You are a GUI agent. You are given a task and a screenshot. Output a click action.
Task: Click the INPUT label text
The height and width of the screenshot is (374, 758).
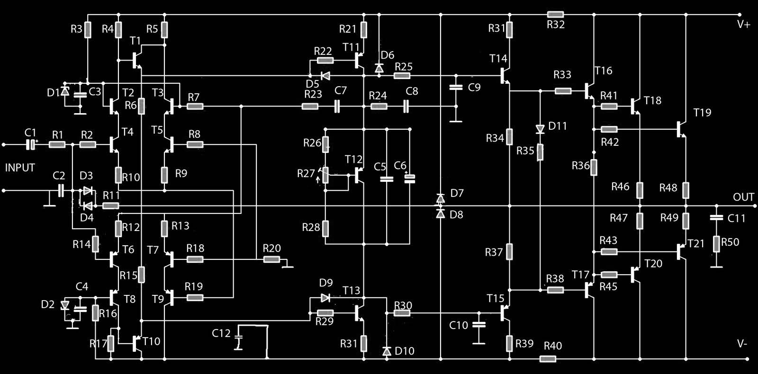20,168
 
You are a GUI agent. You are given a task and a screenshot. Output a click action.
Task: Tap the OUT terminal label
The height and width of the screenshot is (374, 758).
743,197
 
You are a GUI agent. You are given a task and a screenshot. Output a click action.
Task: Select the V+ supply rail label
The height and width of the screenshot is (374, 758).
743,24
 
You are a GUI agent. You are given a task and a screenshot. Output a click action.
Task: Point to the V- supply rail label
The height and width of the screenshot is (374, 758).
742,344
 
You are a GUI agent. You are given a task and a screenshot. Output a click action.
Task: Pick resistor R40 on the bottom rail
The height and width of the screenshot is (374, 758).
548,359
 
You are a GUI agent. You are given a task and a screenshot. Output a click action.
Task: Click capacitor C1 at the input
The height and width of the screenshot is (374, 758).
31,144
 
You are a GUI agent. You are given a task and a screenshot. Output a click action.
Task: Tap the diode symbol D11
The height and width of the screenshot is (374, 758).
540,129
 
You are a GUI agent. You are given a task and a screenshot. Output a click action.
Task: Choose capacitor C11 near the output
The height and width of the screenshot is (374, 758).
716,218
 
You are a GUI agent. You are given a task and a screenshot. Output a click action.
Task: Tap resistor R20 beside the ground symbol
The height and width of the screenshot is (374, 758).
271,259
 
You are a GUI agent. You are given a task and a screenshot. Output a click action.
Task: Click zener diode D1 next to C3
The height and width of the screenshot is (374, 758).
65,91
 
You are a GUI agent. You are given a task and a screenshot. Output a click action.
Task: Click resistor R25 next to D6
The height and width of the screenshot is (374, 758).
403,75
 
